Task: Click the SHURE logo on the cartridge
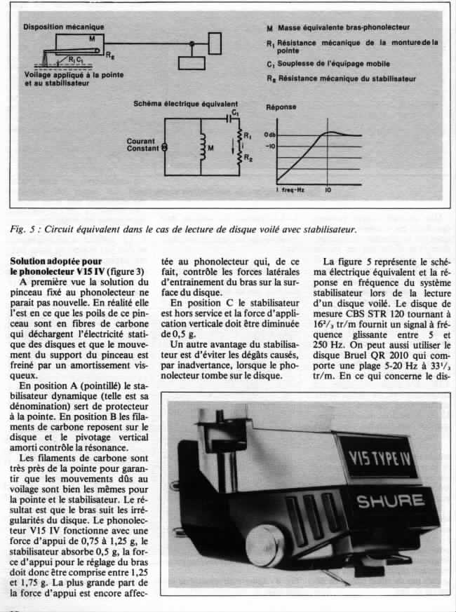(390, 502)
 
